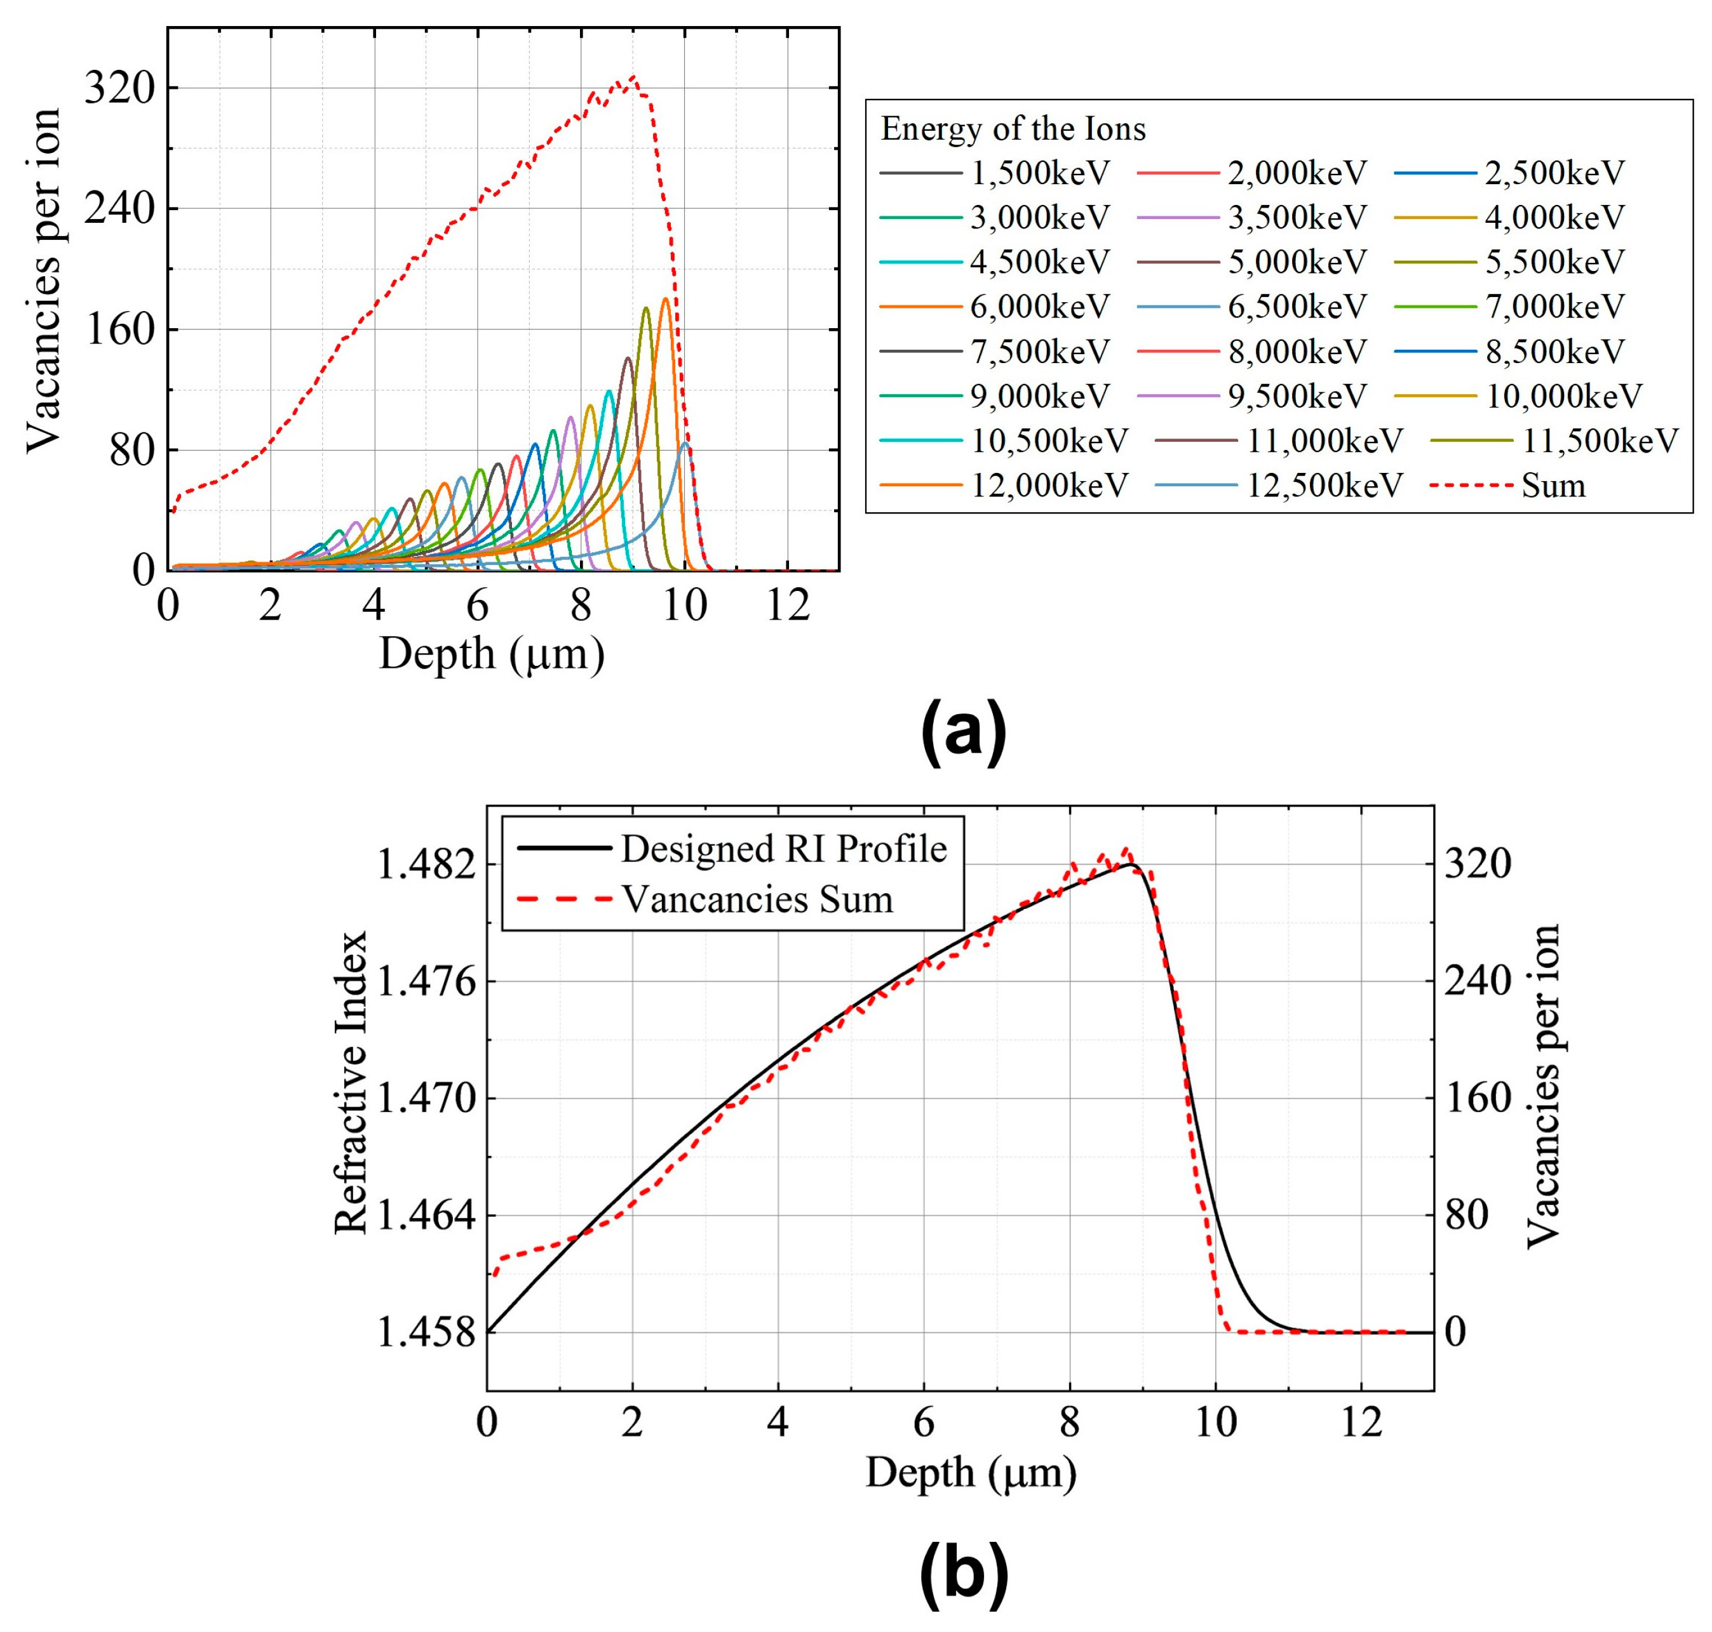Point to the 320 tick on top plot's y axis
(119, 88)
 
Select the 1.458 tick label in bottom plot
(426, 1332)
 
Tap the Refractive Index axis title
(352, 1083)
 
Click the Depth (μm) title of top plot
(492, 653)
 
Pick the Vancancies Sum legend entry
(757, 899)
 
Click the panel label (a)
(962, 732)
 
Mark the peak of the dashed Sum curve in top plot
(633, 77)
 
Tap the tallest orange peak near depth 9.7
(665, 299)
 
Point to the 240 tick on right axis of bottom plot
(1477, 981)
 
